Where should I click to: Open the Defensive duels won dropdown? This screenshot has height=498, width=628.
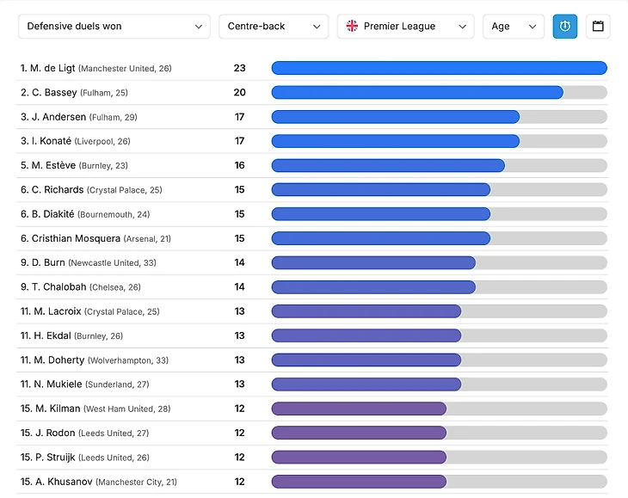[114, 27]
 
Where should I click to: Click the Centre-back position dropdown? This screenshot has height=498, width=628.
[273, 27]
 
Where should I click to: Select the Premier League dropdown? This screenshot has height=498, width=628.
[405, 27]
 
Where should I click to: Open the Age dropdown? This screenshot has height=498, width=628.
[513, 27]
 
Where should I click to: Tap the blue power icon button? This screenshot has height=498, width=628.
[565, 27]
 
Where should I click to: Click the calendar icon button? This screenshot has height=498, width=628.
[598, 27]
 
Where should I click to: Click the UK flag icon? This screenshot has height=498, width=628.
[352, 27]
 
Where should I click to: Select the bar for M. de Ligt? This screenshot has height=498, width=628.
[439, 68]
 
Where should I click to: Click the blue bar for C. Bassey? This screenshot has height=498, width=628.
[417, 92]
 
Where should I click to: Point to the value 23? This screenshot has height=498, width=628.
[239, 68]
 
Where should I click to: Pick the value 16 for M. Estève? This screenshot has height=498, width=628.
[239, 165]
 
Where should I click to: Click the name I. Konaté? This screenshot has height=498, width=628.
[50, 141]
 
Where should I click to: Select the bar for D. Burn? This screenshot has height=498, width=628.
[373, 262]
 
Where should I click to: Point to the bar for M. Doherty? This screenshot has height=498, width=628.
[366, 360]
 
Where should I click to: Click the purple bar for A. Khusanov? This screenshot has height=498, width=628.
[359, 482]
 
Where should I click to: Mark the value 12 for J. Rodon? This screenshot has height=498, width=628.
[239, 433]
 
